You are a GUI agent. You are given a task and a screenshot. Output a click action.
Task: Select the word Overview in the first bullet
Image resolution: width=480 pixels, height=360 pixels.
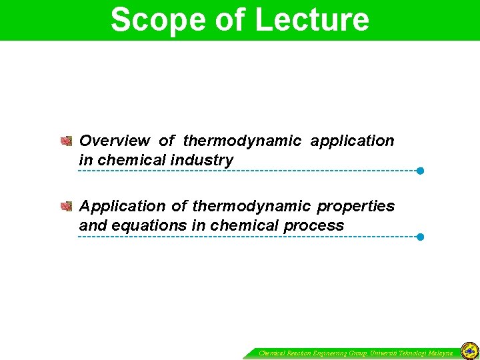pyautogui.click(x=114, y=141)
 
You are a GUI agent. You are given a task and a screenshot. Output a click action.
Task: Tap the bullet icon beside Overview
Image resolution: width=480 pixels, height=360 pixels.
pyautogui.click(x=66, y=141)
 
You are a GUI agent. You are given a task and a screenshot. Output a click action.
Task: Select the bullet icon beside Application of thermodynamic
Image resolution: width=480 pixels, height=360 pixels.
pyautogui.click(x=66, y=207)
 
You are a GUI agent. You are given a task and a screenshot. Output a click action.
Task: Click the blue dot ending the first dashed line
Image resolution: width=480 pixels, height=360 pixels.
pyautogui.click(x=420, y=171)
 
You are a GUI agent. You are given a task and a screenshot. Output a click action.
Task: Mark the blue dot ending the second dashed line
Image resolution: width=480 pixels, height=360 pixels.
pyautogui.click(x=420, y=237)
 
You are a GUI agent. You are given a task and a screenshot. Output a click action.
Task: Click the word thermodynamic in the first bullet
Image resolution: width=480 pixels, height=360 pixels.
pyautogui.click(x=242, y=141)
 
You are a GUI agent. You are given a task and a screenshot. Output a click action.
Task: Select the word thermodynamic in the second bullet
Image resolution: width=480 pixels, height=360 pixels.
pyautogui.click(x=251, y=207)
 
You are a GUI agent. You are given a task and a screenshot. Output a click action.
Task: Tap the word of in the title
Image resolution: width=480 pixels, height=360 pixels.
pyautogui.click(x=229, y=19)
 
